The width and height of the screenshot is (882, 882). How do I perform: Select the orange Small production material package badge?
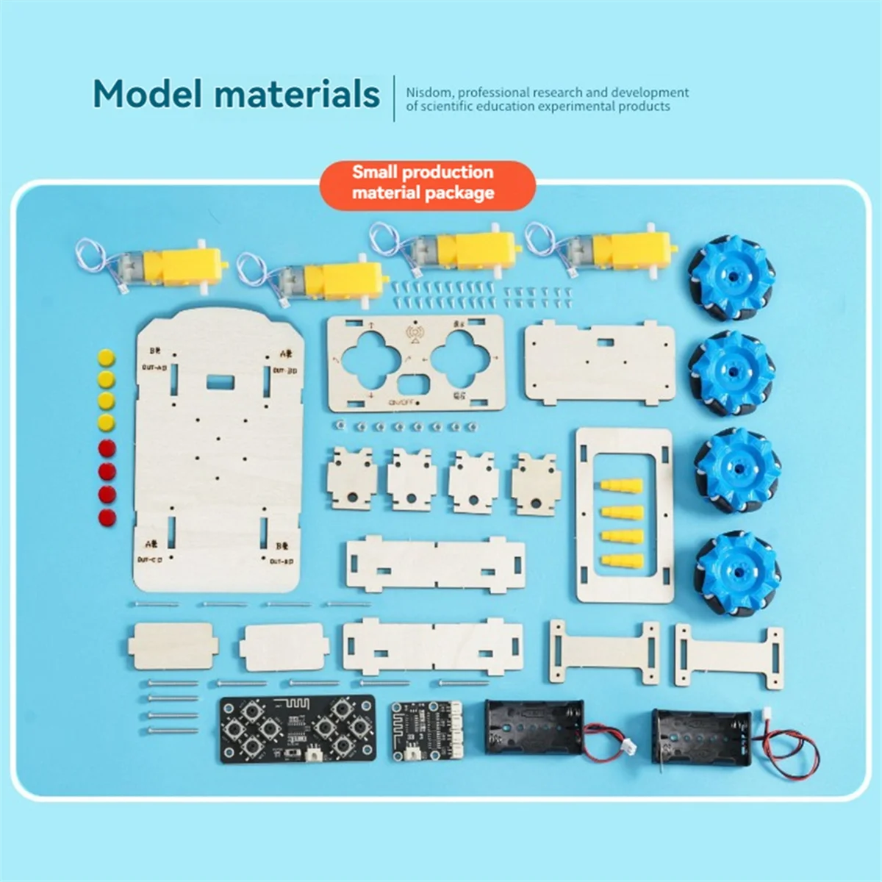tap(423, 183)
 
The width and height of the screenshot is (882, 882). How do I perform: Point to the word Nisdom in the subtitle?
tap(427, 93)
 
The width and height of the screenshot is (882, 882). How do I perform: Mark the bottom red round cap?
tap(107, 517)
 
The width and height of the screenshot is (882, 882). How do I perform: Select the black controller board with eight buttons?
tap(297, 728)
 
